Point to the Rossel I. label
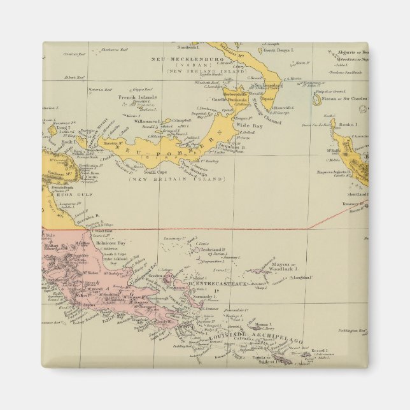point(319,351)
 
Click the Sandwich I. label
point(190,48)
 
